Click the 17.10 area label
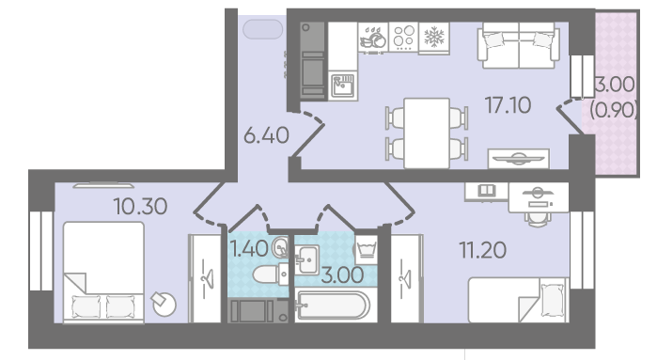pos(508,104)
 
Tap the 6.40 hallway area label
pos(267,135)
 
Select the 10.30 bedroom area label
pos(140,206)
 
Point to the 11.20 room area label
pos(483,250)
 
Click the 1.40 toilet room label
pos(249,250)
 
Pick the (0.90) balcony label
pos(614,111)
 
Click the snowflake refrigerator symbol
pos(434,38)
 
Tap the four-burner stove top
pos(403,37)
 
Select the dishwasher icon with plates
pos(373,38)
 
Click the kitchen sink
pos(343,86)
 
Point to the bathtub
pos(333,305)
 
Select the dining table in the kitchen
pos(427,133)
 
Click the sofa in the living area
pos(519,45)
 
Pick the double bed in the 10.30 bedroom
pos(103,272)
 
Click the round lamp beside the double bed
pos(164,304)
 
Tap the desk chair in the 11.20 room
pos(538,218)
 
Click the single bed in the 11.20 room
pos(518,300)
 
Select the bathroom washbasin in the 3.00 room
pos(306,259)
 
